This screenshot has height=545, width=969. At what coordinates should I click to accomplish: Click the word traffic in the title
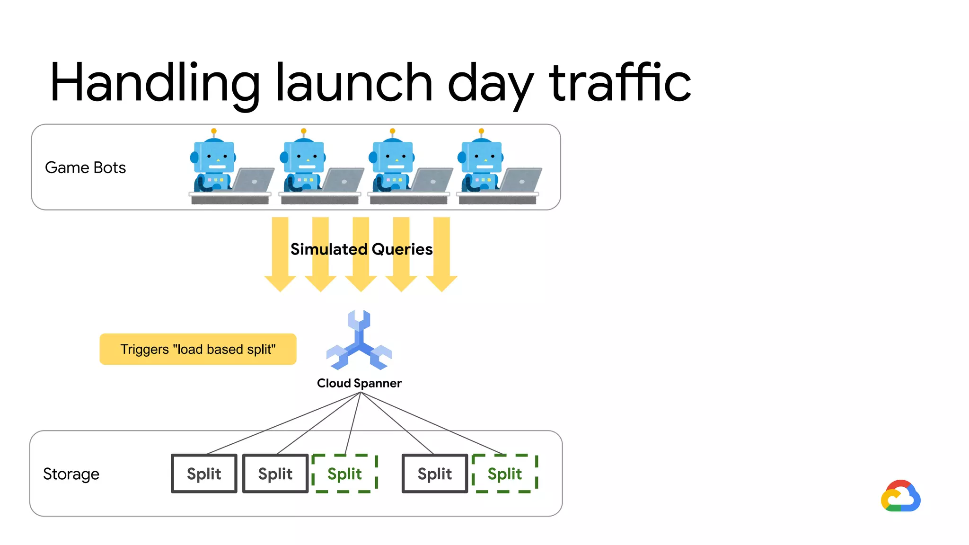point(620,83)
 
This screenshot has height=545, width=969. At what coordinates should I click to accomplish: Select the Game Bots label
point(85,167)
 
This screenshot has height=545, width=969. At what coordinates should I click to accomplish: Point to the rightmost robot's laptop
point(521,180)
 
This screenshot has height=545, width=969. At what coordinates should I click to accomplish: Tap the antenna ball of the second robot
point(304,131)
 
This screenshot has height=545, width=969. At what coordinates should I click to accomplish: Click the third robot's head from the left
point(392,157)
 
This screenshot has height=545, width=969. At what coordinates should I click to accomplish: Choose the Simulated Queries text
point(361,249)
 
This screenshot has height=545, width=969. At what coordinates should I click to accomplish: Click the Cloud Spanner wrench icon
point(359,341)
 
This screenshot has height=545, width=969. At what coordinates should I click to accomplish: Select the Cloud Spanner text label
point(359,383)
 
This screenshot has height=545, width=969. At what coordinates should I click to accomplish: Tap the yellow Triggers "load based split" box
point(198,349)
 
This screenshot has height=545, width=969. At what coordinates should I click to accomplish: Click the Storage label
point(71,474)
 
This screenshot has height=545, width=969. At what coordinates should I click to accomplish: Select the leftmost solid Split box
point(204,474)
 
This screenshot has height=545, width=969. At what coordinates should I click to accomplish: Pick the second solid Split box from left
point(275,474)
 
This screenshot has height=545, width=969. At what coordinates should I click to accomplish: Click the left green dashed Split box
point(344,474)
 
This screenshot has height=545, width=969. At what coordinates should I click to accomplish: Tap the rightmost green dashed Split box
point(505,474)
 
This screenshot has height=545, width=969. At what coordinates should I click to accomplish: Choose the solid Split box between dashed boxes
point(434,474)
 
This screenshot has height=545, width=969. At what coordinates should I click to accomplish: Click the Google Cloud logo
point(900,496)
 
